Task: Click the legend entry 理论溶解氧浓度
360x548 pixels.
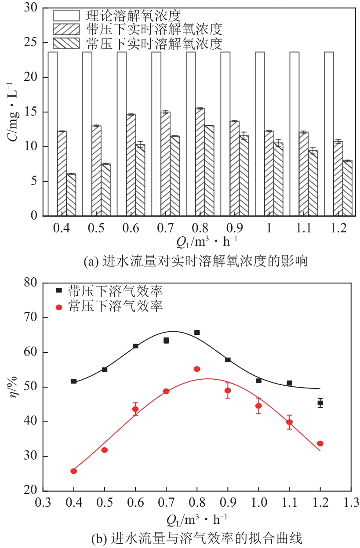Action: tap(132, 16)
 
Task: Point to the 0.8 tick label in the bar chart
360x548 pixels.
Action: tap(199, 229)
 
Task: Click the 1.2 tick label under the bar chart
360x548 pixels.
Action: tap(337, 229)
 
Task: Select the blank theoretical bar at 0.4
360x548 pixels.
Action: tap(53, 134)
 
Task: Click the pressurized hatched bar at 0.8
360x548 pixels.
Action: tap(200, 162)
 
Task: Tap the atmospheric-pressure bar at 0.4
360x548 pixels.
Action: tap(71, 195)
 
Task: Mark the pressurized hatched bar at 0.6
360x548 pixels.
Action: tap(131, 165)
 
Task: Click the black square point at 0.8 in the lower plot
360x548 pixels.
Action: tap(197, 333)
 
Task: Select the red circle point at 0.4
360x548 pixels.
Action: tap(74, 471)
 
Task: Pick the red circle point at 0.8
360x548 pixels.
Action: tap(197, 369)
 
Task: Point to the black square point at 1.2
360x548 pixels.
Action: tap(320, 403)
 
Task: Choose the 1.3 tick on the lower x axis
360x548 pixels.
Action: tap(351, 502)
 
